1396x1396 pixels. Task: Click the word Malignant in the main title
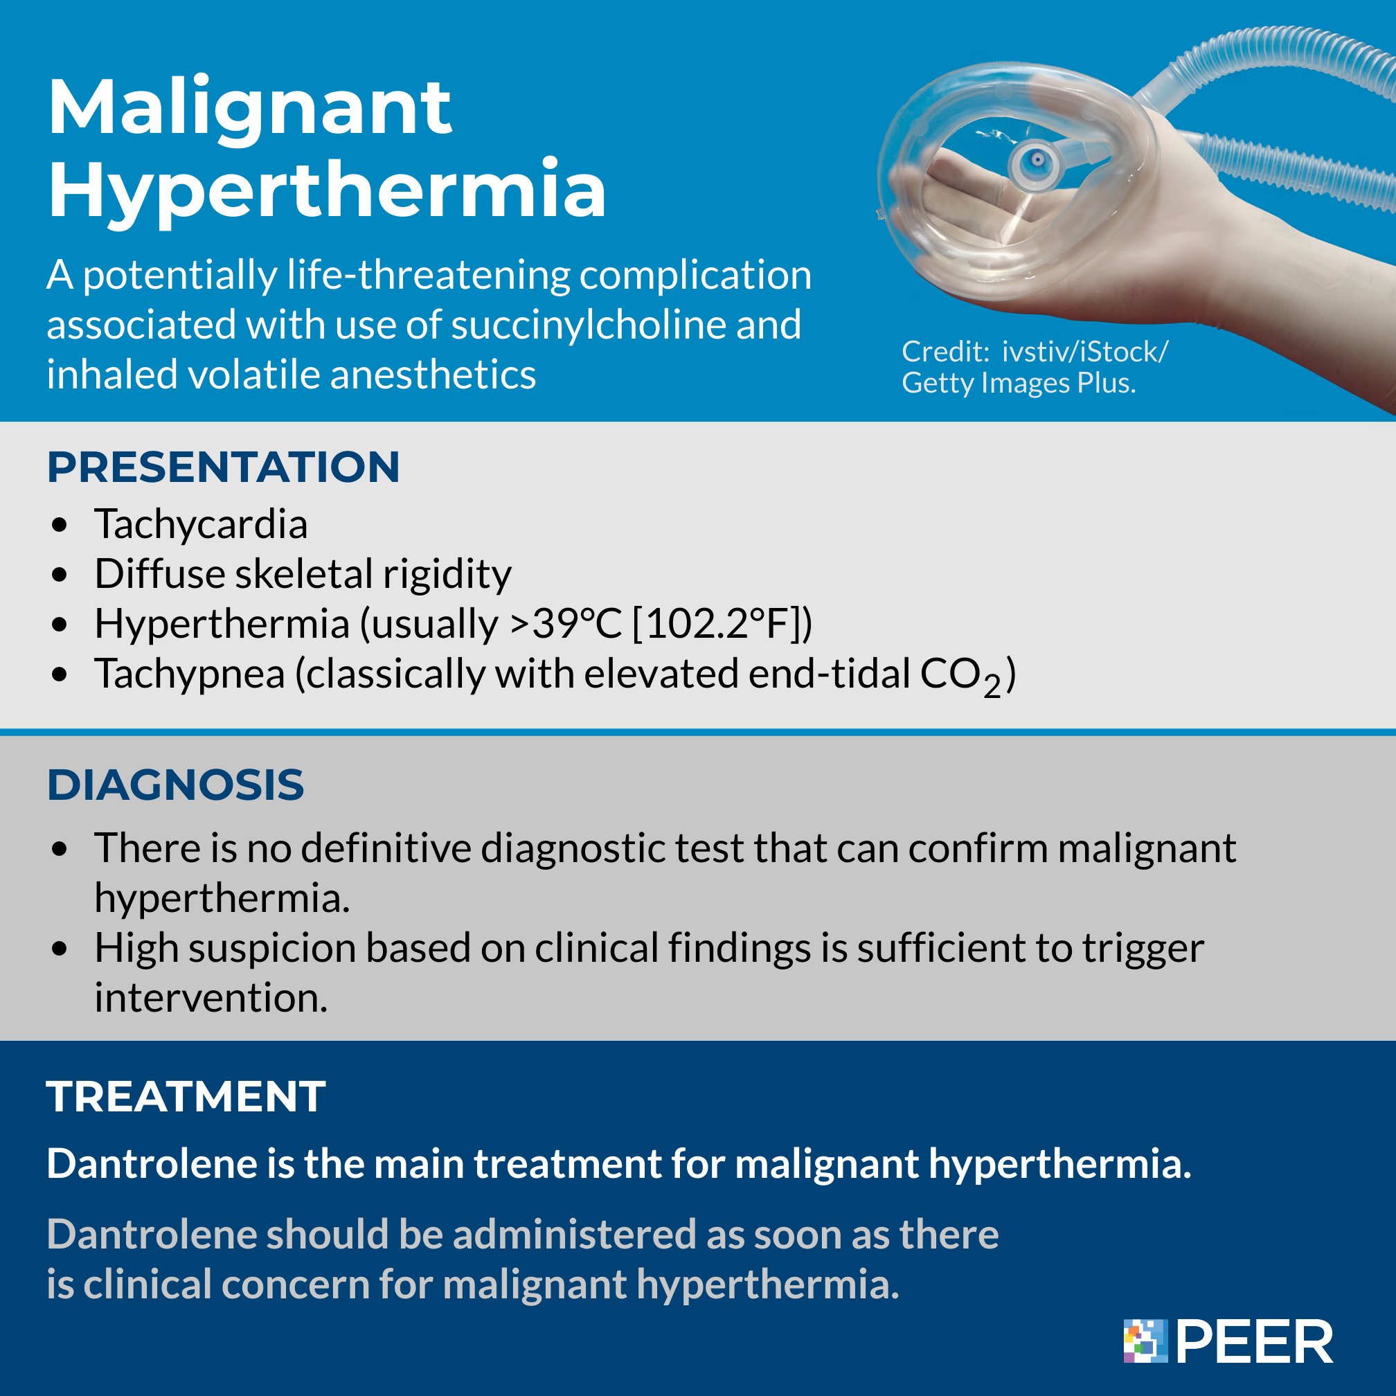[249, 109]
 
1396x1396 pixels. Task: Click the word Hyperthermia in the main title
[327, 189]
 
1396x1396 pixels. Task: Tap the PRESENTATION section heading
[223, 467]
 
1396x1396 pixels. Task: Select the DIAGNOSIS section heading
[176, 785]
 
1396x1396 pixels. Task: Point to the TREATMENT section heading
[186, 1097]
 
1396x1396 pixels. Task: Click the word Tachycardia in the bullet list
[201, 524]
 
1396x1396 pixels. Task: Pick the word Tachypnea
[189, 674]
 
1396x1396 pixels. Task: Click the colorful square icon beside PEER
[1145, 1341]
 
